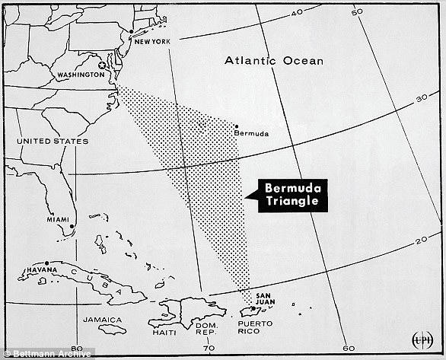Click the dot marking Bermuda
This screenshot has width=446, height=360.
pos(237,126)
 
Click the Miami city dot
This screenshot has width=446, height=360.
pos(72,226)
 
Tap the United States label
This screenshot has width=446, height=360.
pos(53,141)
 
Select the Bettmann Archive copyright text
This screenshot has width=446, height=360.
pos(46,352)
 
